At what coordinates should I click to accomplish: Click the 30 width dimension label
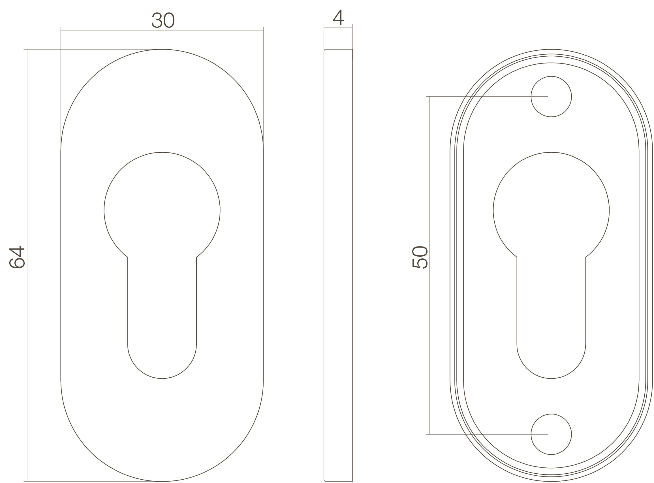pos(163,20)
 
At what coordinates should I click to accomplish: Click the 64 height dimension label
pos(17,257)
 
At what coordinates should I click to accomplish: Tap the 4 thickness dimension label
pos(338,17)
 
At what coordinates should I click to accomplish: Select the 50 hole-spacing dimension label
pos(420,257)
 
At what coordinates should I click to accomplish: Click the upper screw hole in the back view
pos(551,97)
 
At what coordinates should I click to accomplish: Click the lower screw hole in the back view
pos(551,434)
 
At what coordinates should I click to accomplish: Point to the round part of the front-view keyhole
pos(162,210)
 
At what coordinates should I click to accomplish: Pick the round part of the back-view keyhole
pos(551,210)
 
